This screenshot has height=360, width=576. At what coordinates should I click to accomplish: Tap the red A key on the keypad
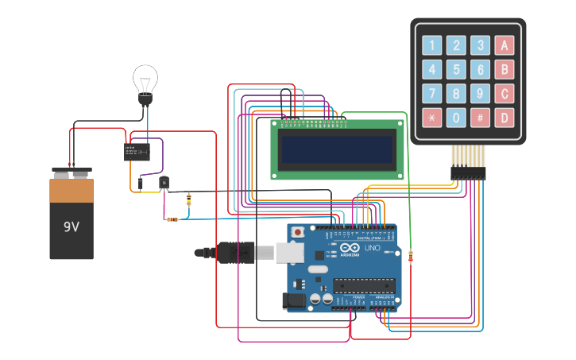pos(504,45)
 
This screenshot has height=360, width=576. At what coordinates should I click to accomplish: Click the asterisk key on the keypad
pos(431,118)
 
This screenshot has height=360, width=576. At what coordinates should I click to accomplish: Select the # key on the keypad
pos(480,118)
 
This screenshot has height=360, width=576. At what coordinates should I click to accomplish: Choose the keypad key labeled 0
pos(455,118)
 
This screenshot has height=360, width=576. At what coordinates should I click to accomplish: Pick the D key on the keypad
pos(504,118)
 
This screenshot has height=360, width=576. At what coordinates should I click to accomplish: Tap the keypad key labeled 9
pos(480,94)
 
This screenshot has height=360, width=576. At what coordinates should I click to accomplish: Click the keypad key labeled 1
pos(431,45)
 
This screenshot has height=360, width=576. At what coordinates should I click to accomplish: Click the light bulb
pos(145,83)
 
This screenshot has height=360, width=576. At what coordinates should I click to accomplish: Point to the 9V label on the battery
pos(72,226)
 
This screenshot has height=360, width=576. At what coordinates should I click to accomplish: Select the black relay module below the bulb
pos(137,151)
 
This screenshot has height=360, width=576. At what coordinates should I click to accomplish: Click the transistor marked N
pos(164,183)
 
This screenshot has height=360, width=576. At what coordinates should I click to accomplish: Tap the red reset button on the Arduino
pos(298,232)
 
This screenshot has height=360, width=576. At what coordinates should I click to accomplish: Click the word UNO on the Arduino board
pos(373,248)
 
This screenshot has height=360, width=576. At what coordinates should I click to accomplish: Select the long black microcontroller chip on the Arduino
pos(364,285)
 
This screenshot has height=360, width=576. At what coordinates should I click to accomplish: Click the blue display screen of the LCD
pos(337,149)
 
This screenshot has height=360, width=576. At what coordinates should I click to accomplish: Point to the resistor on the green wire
pos(410,256)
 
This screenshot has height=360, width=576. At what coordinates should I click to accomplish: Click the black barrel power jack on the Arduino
pos(294,300)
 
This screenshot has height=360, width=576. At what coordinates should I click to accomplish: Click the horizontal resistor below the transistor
pos(171,219)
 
